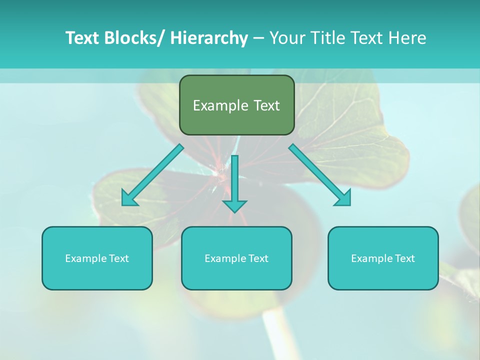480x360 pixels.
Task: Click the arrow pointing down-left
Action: [153, 175]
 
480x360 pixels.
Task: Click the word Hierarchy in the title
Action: [209, 38]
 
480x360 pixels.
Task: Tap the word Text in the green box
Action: [266, 105]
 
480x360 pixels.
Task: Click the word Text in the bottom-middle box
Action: [258, 258]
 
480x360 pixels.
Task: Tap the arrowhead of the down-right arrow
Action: [344, 199]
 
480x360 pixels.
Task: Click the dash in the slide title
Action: [258, 38]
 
